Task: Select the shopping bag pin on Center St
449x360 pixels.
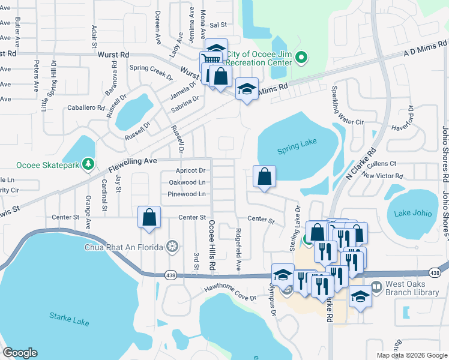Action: coord(149,218)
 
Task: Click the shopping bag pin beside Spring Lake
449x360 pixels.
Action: coord(264,176)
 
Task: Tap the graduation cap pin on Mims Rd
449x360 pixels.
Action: coord(246,89)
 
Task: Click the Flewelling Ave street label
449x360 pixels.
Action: coord(132,161)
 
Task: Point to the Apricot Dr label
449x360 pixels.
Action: coord(190,171)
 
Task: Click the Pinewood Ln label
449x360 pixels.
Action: coord(187,194)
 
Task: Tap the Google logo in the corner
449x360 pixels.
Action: coord(20,353)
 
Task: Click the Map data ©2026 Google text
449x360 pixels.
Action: coord(412,355)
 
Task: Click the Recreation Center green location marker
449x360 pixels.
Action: coord(303,58)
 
